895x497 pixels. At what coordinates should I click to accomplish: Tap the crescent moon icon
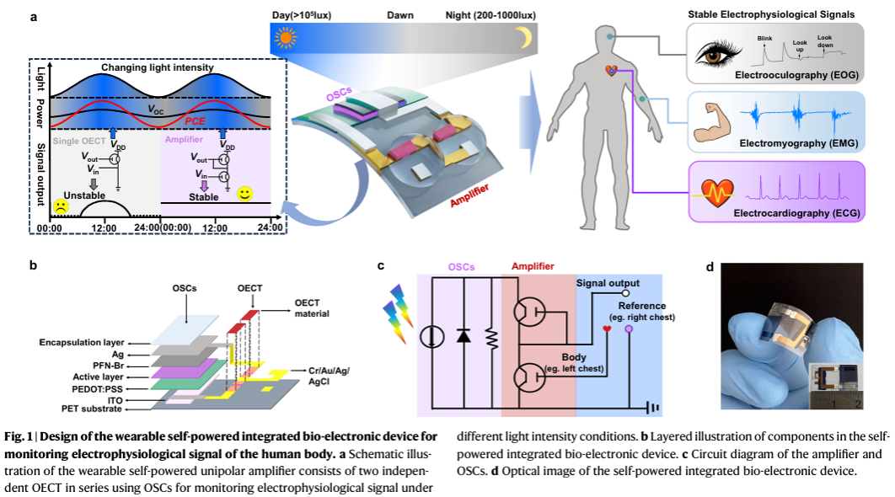[523, 38]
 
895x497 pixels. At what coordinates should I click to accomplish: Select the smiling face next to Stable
[244, 195]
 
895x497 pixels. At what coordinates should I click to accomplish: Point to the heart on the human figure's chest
[611, 72]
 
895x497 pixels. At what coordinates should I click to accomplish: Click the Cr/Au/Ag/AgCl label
[330, 376]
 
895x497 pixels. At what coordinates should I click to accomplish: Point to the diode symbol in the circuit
[462, 335]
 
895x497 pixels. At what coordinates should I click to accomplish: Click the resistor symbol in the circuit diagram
[491, 335]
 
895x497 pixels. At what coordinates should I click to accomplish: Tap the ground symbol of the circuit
[650, 407]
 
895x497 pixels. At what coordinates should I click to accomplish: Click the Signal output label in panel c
[607, 283]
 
